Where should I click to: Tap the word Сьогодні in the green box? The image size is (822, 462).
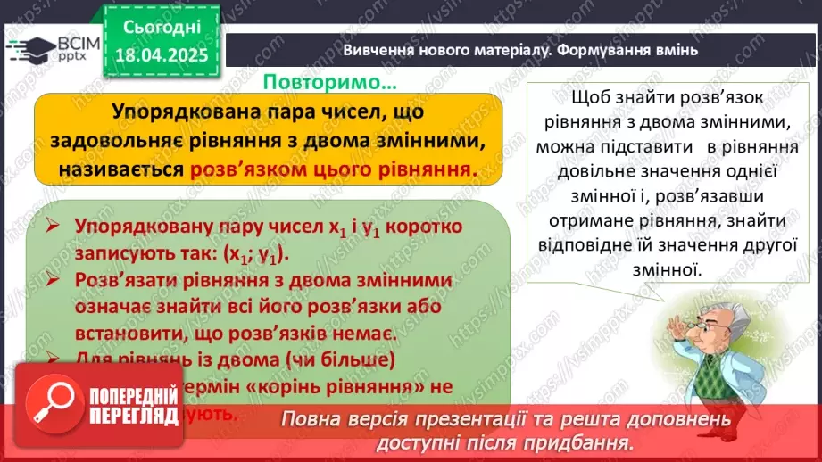point(162,27)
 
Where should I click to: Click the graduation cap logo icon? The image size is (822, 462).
point(28,47)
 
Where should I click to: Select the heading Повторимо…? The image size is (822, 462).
point(329,82)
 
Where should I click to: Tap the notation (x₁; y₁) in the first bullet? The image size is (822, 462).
point(250,253)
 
